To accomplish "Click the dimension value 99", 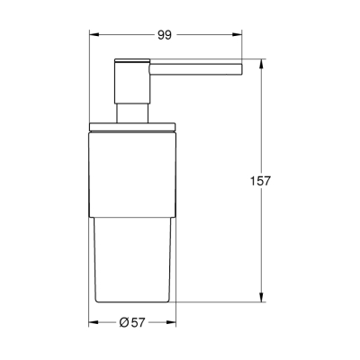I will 164,35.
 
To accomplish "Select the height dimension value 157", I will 260,180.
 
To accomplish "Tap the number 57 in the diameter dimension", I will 140,323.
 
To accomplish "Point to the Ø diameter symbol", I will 124,323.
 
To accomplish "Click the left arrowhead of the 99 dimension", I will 92,35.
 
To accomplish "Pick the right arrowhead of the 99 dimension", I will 239,35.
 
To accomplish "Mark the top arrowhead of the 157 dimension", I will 260,64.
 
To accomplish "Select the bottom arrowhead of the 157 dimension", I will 260,296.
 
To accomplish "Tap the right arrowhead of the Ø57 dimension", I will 174,323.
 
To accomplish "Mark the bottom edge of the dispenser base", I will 133,299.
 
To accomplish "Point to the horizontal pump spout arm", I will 193,66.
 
